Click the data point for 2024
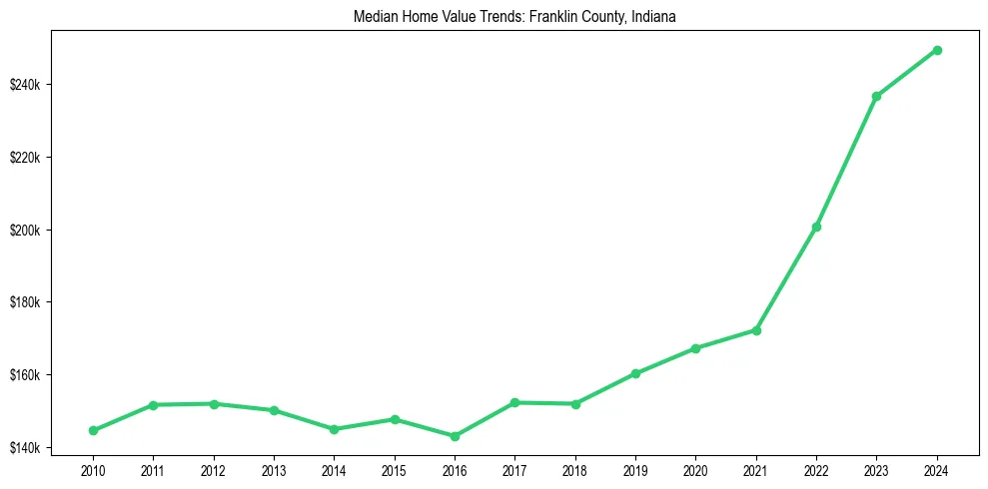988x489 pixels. pyautogui.click(x=937, y=50)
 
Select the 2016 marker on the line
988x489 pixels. pyautogui.click(x=455, y=436)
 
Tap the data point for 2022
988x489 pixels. pyautogui.click(x=816, y=227)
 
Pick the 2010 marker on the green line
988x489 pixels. pyautogui.click(x=93, y=430)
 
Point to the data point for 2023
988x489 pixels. pyautogui.click(x=876, y=97)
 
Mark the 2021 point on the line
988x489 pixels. pyautogui.click(x=756, y=330)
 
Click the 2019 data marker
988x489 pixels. pyautogui.click(x=635, y=373)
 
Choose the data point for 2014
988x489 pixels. pyautogui.click(x=334, y=429)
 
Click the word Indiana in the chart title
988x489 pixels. pyautogui.click(x=655, y=17)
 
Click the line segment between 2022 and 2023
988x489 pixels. pyautogui.click(x=846, y=162)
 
